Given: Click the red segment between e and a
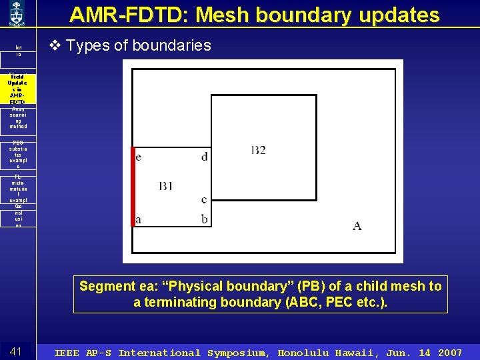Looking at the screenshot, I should (x=133, y=187).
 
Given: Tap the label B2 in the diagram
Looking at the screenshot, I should (x=258, y=150).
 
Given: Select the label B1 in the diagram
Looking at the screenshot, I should (x=166, y=186).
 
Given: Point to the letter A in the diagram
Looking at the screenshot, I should (x=357, y=226).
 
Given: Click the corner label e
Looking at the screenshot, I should (x=138, y=157).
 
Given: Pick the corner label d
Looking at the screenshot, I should (x=204, y=157).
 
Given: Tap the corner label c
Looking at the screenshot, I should (x=204, y=199).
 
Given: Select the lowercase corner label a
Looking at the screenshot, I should (x=139, y=219).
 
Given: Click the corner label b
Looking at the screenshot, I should (x=204, y=219).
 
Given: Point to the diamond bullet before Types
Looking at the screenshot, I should (x=56, y=45).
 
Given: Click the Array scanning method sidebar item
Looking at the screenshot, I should (x=17, y=118).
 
